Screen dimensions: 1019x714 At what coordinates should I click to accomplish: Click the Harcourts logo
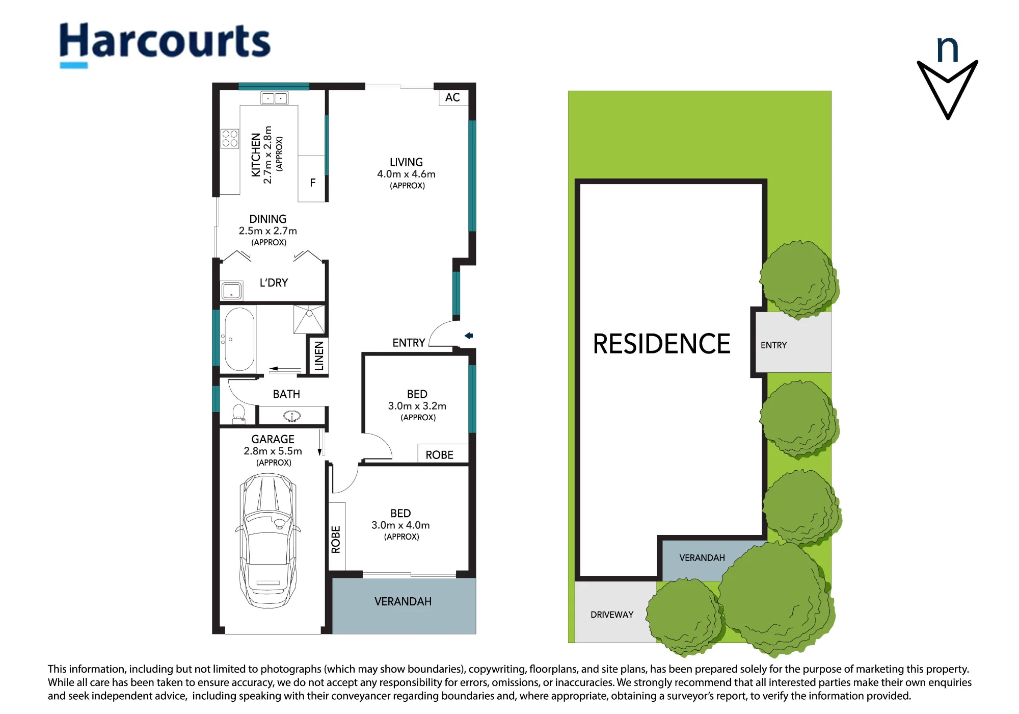click(x=165, y=44)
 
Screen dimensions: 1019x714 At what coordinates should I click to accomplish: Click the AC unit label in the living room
click(x=452, y=97)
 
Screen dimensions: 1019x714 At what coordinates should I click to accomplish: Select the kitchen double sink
click(x=274, y=98)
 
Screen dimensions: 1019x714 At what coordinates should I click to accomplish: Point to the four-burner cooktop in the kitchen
click(x=230, y=138)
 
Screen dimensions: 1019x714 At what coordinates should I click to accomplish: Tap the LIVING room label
click(x=406, y=162)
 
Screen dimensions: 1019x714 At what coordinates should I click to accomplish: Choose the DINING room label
click(x=267, y=219)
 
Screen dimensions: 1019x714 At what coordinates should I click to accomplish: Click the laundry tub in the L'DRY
click(x=231, y=291)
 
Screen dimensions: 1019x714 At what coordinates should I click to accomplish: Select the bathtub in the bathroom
click(x=239, y=339)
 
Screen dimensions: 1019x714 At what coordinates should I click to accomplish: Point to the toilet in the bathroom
click(x=238, y=414)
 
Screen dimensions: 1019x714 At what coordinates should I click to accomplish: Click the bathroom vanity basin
click(x=292, y=416)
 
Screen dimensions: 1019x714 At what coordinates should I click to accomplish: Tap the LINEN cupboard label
click(x=319, y=356)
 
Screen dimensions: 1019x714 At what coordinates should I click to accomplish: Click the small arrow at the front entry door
click(x=469, y=336)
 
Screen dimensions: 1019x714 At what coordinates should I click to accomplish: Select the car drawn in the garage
click(x=268, y=541)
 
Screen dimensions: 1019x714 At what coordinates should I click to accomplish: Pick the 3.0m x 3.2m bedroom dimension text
click(x=417, y=406)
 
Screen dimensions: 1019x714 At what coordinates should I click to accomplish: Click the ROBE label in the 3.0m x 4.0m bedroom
click(x=336, y=540)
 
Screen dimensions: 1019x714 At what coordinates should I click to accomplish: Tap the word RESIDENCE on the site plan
click(x=661, y=344)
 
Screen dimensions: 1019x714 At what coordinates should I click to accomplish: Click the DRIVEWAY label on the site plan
click(x=612, y=615)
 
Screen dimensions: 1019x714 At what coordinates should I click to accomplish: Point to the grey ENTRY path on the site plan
click(x=793, y=342)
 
